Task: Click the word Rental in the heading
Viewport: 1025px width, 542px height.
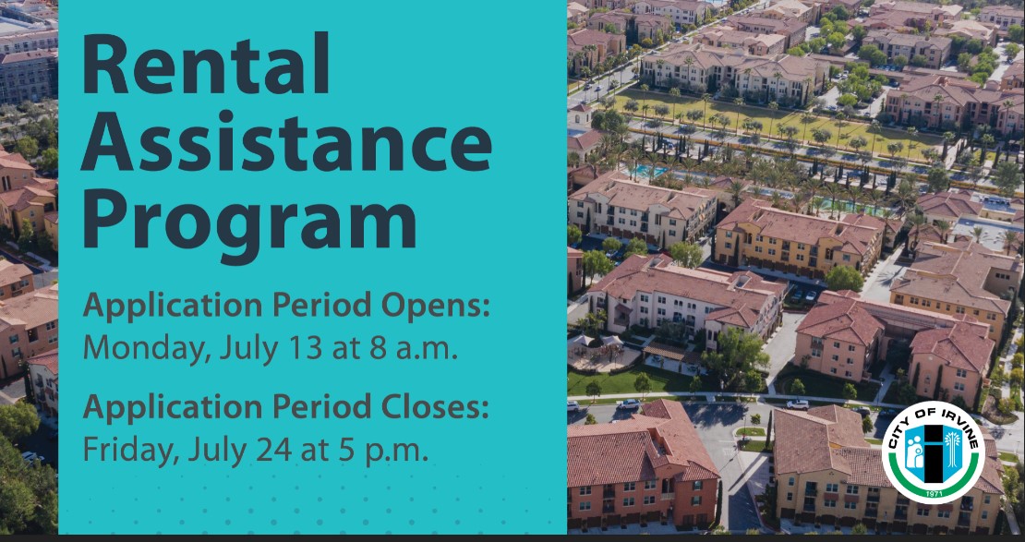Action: click(x=205, y=64)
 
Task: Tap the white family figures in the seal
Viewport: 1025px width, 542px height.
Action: click(x=915, y=452)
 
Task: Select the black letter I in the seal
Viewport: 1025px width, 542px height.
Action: click(x=934, y=452)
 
